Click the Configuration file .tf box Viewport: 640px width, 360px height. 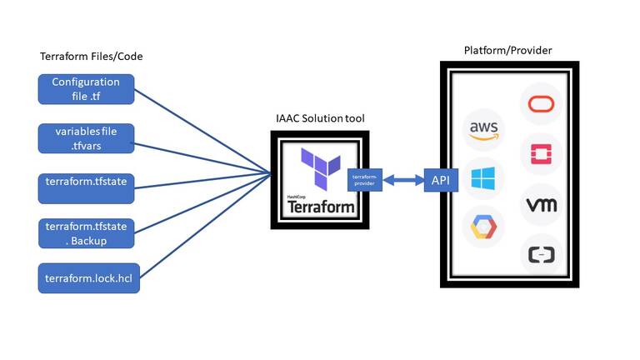(x=86, y=88)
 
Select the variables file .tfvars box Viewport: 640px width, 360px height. (x=86, y=137)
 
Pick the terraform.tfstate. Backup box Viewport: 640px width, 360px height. (x=86, y=233)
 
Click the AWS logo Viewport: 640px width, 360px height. (x=483, y=129)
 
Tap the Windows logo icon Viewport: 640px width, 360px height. (x=483, y=178)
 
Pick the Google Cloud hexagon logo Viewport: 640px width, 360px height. (x=483, y=227)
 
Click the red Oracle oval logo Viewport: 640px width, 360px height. (x=542, y=104)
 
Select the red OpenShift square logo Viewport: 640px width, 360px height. (x=542, y=153)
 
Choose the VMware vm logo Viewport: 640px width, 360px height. (x=542, y=203)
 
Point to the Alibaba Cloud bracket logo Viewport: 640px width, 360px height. (x=542, y=254)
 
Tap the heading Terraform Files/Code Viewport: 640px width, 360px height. (x=91, y=57)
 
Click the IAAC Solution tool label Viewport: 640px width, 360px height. (x=320, y=119)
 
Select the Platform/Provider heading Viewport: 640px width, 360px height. (x=507, y=51)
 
